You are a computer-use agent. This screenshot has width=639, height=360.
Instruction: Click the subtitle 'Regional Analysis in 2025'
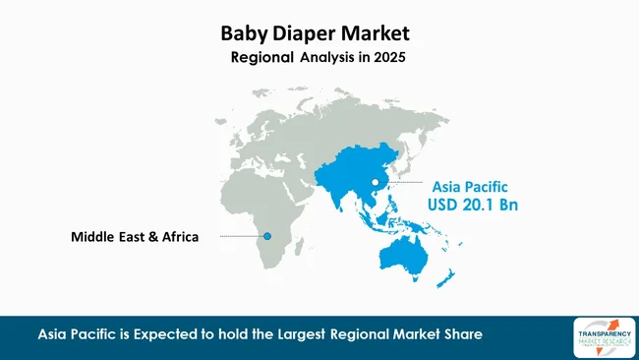tap(318, 58)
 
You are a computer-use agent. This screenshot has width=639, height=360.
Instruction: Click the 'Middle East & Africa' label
tap(135, 237)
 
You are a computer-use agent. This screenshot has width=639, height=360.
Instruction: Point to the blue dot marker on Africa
tap(267, 236)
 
